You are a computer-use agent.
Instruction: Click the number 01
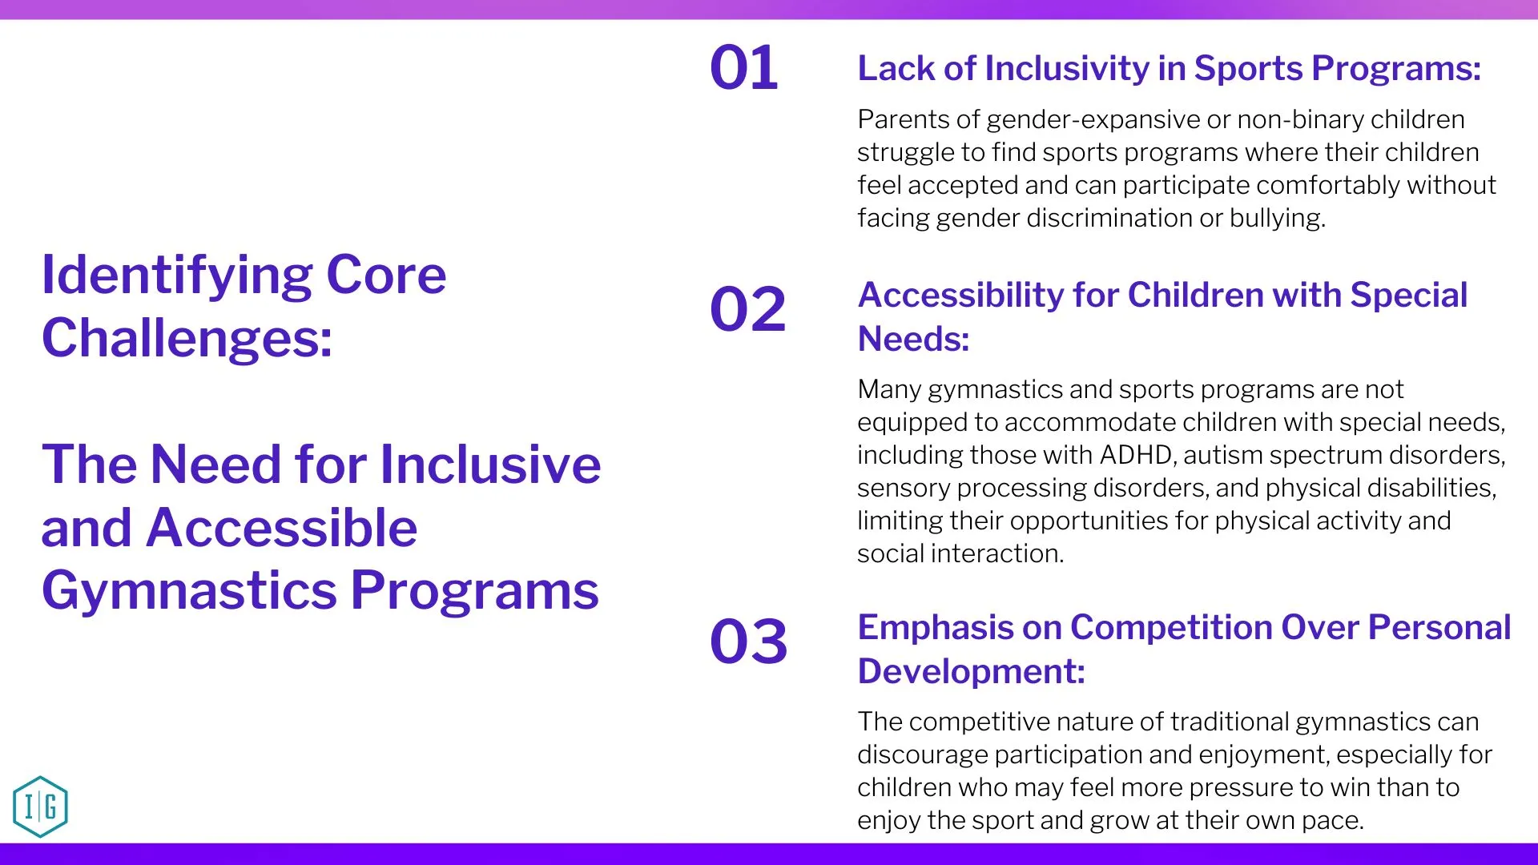point(744,67)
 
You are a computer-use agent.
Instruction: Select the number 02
point(748,309)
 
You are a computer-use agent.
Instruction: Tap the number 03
point(749,642)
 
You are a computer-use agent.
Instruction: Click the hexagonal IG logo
point(41,807)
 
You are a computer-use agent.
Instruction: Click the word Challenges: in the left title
point(187,338)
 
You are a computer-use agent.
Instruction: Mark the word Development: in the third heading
point(972,671)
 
